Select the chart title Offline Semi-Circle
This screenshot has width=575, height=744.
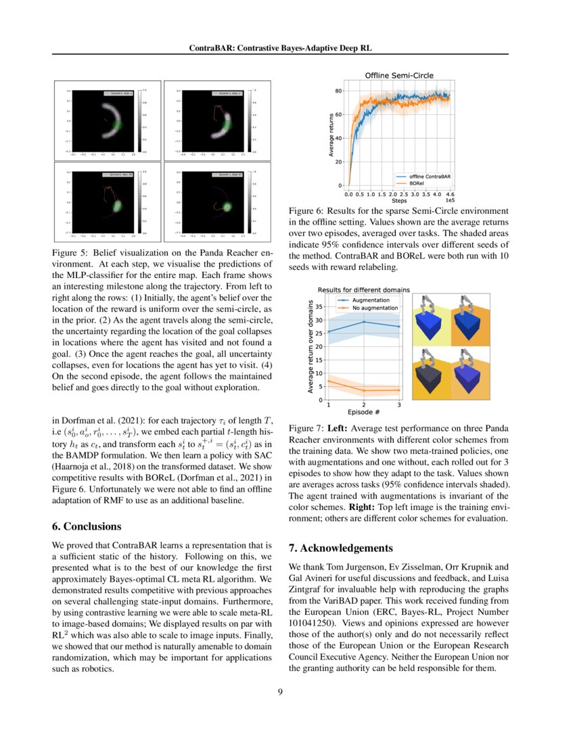coord(399,75)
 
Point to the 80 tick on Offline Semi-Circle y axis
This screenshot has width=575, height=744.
coord(338,91)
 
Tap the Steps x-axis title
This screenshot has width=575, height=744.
coord(399,200)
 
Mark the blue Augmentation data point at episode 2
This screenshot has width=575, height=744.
coord(364,322)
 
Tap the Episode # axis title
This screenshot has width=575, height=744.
coord(364,411)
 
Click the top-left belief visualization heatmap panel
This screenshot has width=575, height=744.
coord(108,120)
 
